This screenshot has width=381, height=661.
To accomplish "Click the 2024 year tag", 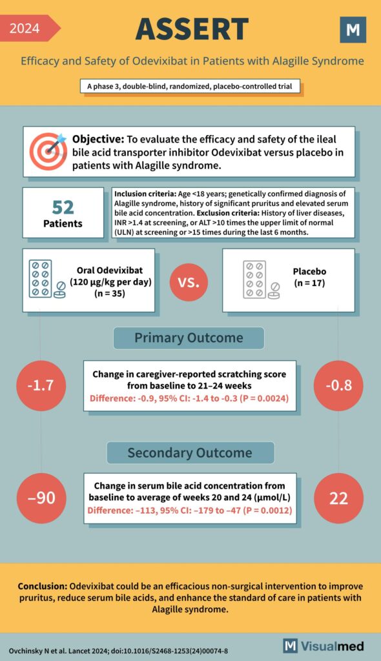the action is click(26, 28).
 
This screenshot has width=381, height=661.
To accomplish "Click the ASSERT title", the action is click(192, 29).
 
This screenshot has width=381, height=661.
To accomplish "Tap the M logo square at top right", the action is click(353, 30).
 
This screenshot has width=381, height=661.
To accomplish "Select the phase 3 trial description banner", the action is click(190, 86).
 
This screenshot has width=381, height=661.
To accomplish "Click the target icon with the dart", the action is click(47, 151).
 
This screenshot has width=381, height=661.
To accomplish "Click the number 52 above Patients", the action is click(63, 207).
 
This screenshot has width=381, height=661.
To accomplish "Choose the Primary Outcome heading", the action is click(189, 338).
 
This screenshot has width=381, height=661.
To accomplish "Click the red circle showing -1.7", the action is click(42, 387).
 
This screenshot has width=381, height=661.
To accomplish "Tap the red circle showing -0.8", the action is click(338, 387).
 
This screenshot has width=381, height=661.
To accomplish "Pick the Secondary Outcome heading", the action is click(190, 453).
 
